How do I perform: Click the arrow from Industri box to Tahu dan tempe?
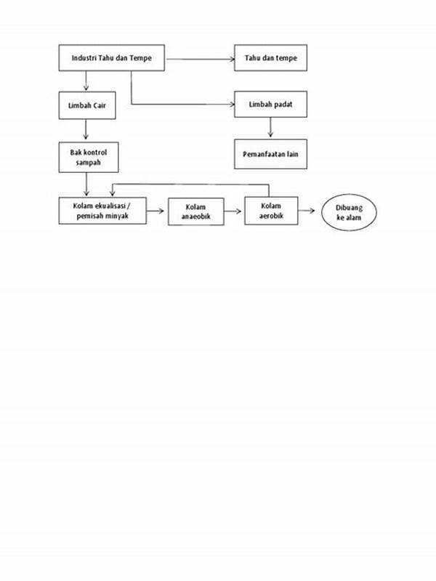[201, 59]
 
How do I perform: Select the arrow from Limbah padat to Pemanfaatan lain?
[270, 127]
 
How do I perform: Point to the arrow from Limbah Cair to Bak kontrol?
[86, 129]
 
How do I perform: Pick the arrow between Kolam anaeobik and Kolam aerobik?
[233, 211]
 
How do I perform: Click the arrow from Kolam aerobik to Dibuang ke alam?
[306, 211]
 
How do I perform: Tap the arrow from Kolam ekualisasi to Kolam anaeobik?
[155, 211]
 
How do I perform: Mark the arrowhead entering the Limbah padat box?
[233, 105]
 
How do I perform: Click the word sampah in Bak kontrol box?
[88, 163]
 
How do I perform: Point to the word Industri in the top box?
[84, 58]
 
